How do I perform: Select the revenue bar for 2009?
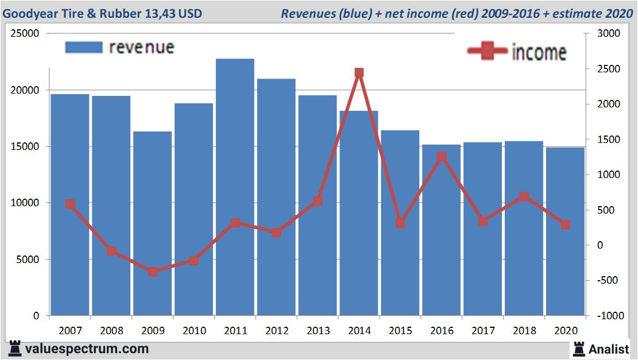(152, 223)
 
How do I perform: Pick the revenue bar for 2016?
(441, 230)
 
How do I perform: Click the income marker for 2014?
(359, 73)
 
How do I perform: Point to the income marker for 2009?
(153, 272)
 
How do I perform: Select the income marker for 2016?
(442, 156)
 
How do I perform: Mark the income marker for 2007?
(70, 204)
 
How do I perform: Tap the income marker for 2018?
(524, 197)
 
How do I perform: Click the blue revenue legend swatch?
(84, 47)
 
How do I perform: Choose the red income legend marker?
(487, 51)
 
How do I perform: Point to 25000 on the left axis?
(25, 34)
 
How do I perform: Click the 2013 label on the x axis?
(318, 331)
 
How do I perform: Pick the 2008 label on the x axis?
(111, 331)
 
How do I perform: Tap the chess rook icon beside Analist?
(578, 349)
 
